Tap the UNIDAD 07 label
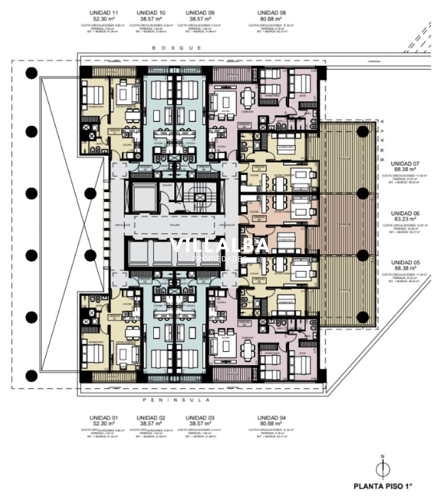405,164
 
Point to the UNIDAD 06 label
405,213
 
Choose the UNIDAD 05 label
405,262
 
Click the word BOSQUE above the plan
177,48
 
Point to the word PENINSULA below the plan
177,400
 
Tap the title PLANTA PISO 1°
383,486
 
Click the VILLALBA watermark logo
219,246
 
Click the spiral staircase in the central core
199,196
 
